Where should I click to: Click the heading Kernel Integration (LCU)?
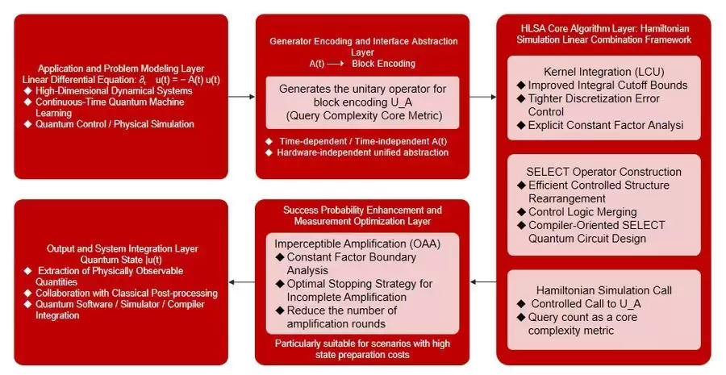603,73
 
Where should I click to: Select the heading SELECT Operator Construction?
603,172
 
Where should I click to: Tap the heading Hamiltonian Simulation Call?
603,290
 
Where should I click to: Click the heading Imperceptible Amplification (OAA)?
352,244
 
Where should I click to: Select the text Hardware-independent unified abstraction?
363,152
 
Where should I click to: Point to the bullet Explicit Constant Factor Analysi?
605,125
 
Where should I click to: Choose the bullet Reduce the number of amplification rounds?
343,316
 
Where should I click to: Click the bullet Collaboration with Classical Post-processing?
121,293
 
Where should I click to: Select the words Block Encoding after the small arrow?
384,63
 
